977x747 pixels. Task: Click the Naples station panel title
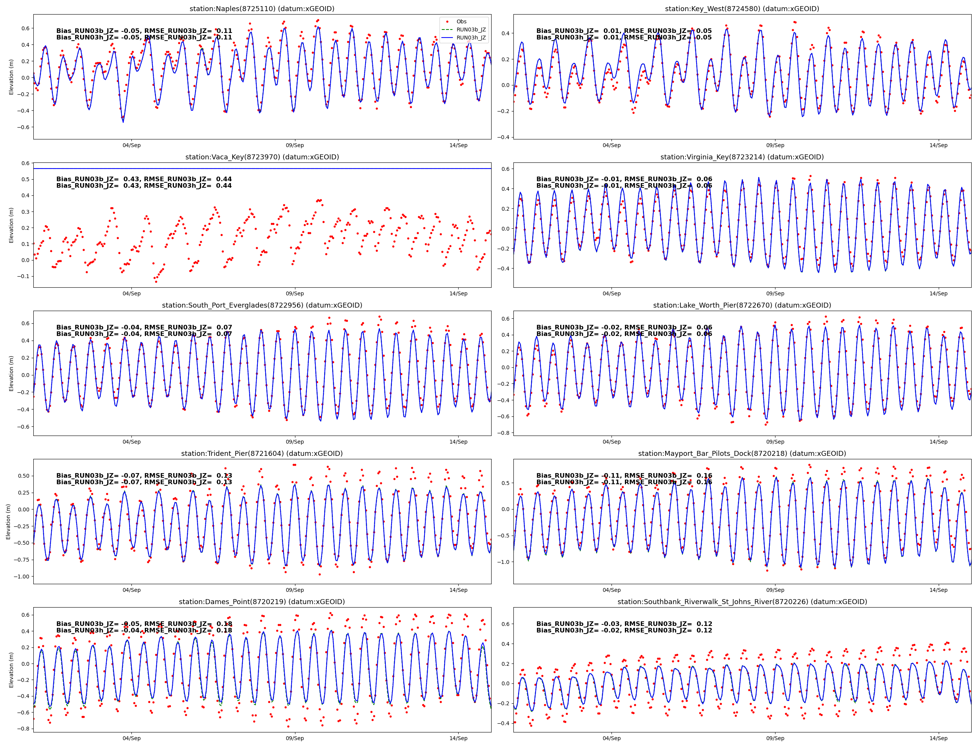[x=262, y=9]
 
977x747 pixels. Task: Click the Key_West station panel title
[x=742, y=9]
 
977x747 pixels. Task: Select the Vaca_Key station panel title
[x=262, y=157]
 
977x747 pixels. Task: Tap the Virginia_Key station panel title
[x=742, y=157]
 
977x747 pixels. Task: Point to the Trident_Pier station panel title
[x=262, y=454]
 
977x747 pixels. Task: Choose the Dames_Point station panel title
[x=262, y=601]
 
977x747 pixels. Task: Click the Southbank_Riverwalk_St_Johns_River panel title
[x=742, y=601]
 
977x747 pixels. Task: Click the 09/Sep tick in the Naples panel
[x=295, y=146]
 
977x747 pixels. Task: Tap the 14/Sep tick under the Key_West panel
[x=938, y=146]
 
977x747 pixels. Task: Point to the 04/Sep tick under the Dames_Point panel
[x=132, y=738]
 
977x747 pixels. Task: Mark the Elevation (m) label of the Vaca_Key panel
[x=11, y=225]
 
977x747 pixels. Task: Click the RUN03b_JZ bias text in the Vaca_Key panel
[x=144, y=179]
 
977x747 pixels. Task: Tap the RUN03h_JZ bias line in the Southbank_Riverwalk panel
[x=624, y=631]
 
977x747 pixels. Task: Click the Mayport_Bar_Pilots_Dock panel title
[x=742, y=454]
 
